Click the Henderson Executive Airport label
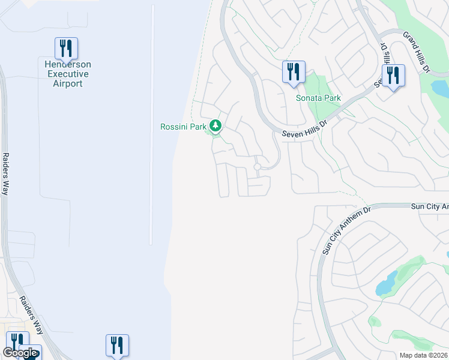[66, 74]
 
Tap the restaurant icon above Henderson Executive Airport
[66, 47]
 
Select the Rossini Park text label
[183, 127]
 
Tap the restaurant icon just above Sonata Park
[294, 71]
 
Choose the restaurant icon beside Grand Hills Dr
[393, 76]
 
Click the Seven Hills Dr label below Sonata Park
[305, 127]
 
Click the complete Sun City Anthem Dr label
[347, 229]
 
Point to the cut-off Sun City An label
[429, 206]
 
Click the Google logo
[20, 353]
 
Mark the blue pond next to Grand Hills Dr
[439, 89]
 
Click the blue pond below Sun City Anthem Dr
[387, 282]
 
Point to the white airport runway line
[152, 120]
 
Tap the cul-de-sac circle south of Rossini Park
[258, 167]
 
